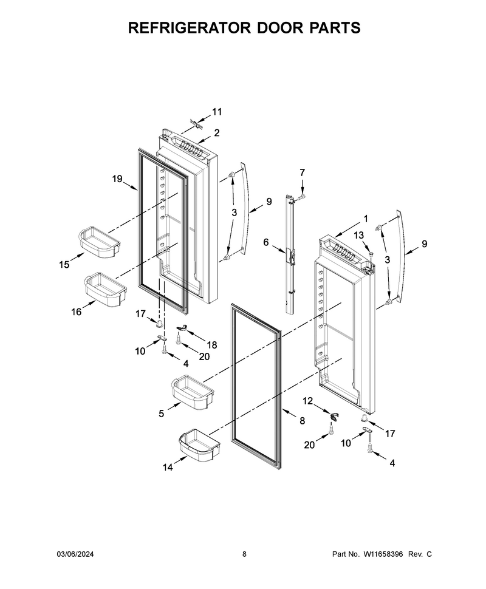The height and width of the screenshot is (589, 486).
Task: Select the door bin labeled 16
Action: [106, 288]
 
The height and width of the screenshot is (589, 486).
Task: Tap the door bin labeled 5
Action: [193, 392]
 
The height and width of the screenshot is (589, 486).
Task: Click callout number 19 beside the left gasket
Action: [117, 179]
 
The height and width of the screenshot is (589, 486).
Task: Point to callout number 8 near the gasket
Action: [302, 421]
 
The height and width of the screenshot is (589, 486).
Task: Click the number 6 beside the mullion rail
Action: [266, 242]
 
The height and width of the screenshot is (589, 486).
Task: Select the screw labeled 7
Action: [301, 196]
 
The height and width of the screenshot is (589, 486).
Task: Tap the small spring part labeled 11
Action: [196, 124]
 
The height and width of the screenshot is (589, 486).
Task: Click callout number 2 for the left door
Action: [217, 132]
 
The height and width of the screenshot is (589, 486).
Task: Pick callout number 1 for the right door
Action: [366, 219]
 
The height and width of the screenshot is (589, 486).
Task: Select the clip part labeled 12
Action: [334, 417]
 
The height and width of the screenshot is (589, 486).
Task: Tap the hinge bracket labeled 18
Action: [182, 329]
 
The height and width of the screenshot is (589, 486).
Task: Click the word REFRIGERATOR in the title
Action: [190, 28]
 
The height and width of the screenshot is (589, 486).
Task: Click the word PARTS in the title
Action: [335, 28]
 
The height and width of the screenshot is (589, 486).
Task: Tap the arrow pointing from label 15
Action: [78, 258]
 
